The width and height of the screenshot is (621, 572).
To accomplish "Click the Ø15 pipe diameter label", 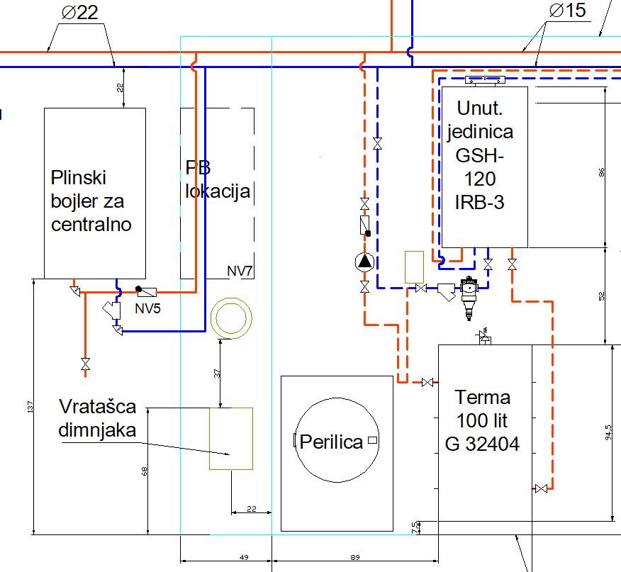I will [x=567, y=11].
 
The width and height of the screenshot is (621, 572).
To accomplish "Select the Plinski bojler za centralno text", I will [x=91, y=201].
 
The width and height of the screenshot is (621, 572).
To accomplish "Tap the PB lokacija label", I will [x=217, y=179].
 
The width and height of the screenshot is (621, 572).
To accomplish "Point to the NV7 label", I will [x=240, y=271].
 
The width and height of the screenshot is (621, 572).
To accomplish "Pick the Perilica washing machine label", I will [x=331, y=442].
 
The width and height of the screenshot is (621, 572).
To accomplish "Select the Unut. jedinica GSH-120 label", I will [x=484, y=155].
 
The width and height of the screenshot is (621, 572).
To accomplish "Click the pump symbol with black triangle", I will [x=364, y=261].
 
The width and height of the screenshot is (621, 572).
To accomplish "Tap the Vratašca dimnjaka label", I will [x=97, y=419].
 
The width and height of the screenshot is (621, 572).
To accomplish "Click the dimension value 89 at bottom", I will [x=355, y=558].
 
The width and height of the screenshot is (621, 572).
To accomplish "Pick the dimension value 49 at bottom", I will [x=243, y=558].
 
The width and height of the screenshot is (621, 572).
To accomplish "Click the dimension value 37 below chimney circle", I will [x=218, y=371].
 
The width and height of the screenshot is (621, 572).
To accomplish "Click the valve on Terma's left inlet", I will [x=427, y=383].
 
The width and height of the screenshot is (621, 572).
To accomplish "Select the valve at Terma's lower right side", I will [x=542, y=488].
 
